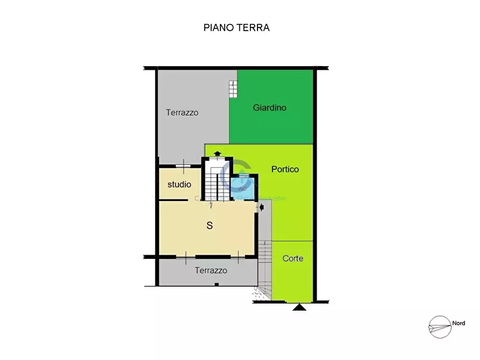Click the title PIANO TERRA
click(x=236, y=27)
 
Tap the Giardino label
click(x=269, y=107)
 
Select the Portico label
click(x=285, y=169)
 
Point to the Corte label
click(x=293, y=258)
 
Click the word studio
click(x=179, y=184)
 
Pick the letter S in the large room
click(x=210, y=226)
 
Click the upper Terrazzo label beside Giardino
click(x=182, y=113)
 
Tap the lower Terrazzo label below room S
click(x=211, y=270)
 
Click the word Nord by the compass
click(x=458, y=323)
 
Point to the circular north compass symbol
click(x=439, y=327)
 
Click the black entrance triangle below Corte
click(x=299, y=307)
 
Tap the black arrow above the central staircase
click(x=217, y=153)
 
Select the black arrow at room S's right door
click(x=261, y=209)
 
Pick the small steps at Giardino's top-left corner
click(x=233, y=89)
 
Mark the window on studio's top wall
click(x=184, y=166)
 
